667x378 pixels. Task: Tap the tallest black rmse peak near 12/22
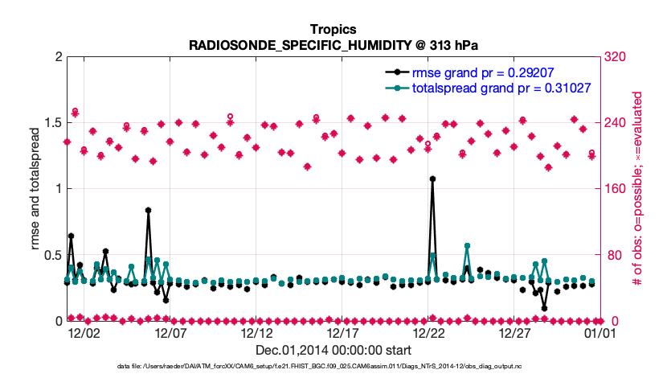(x=432, y=179)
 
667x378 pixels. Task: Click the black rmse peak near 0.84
(x=149, y=210)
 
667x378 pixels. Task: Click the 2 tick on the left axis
(x=56, y=57)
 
